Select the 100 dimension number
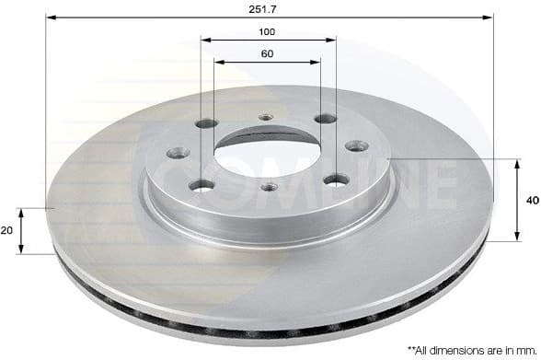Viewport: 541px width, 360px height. coord(267,32)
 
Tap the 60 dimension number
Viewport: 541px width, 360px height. coord(267,53)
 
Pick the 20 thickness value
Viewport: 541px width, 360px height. coord(8,230)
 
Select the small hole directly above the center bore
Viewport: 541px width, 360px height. coord(267,117)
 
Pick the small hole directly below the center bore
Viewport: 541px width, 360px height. coord(268,188)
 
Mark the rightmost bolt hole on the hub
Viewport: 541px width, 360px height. coord(354,145)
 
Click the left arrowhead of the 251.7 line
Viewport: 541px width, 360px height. coord(49,17)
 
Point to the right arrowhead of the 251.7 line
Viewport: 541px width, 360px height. coord(490,17)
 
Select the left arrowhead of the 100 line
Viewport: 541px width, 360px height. coord(203,41)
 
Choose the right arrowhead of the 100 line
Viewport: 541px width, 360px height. coord(332,41)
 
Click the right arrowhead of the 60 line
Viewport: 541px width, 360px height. coord(317,63)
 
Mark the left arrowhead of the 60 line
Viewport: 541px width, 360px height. coord(218,63)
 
